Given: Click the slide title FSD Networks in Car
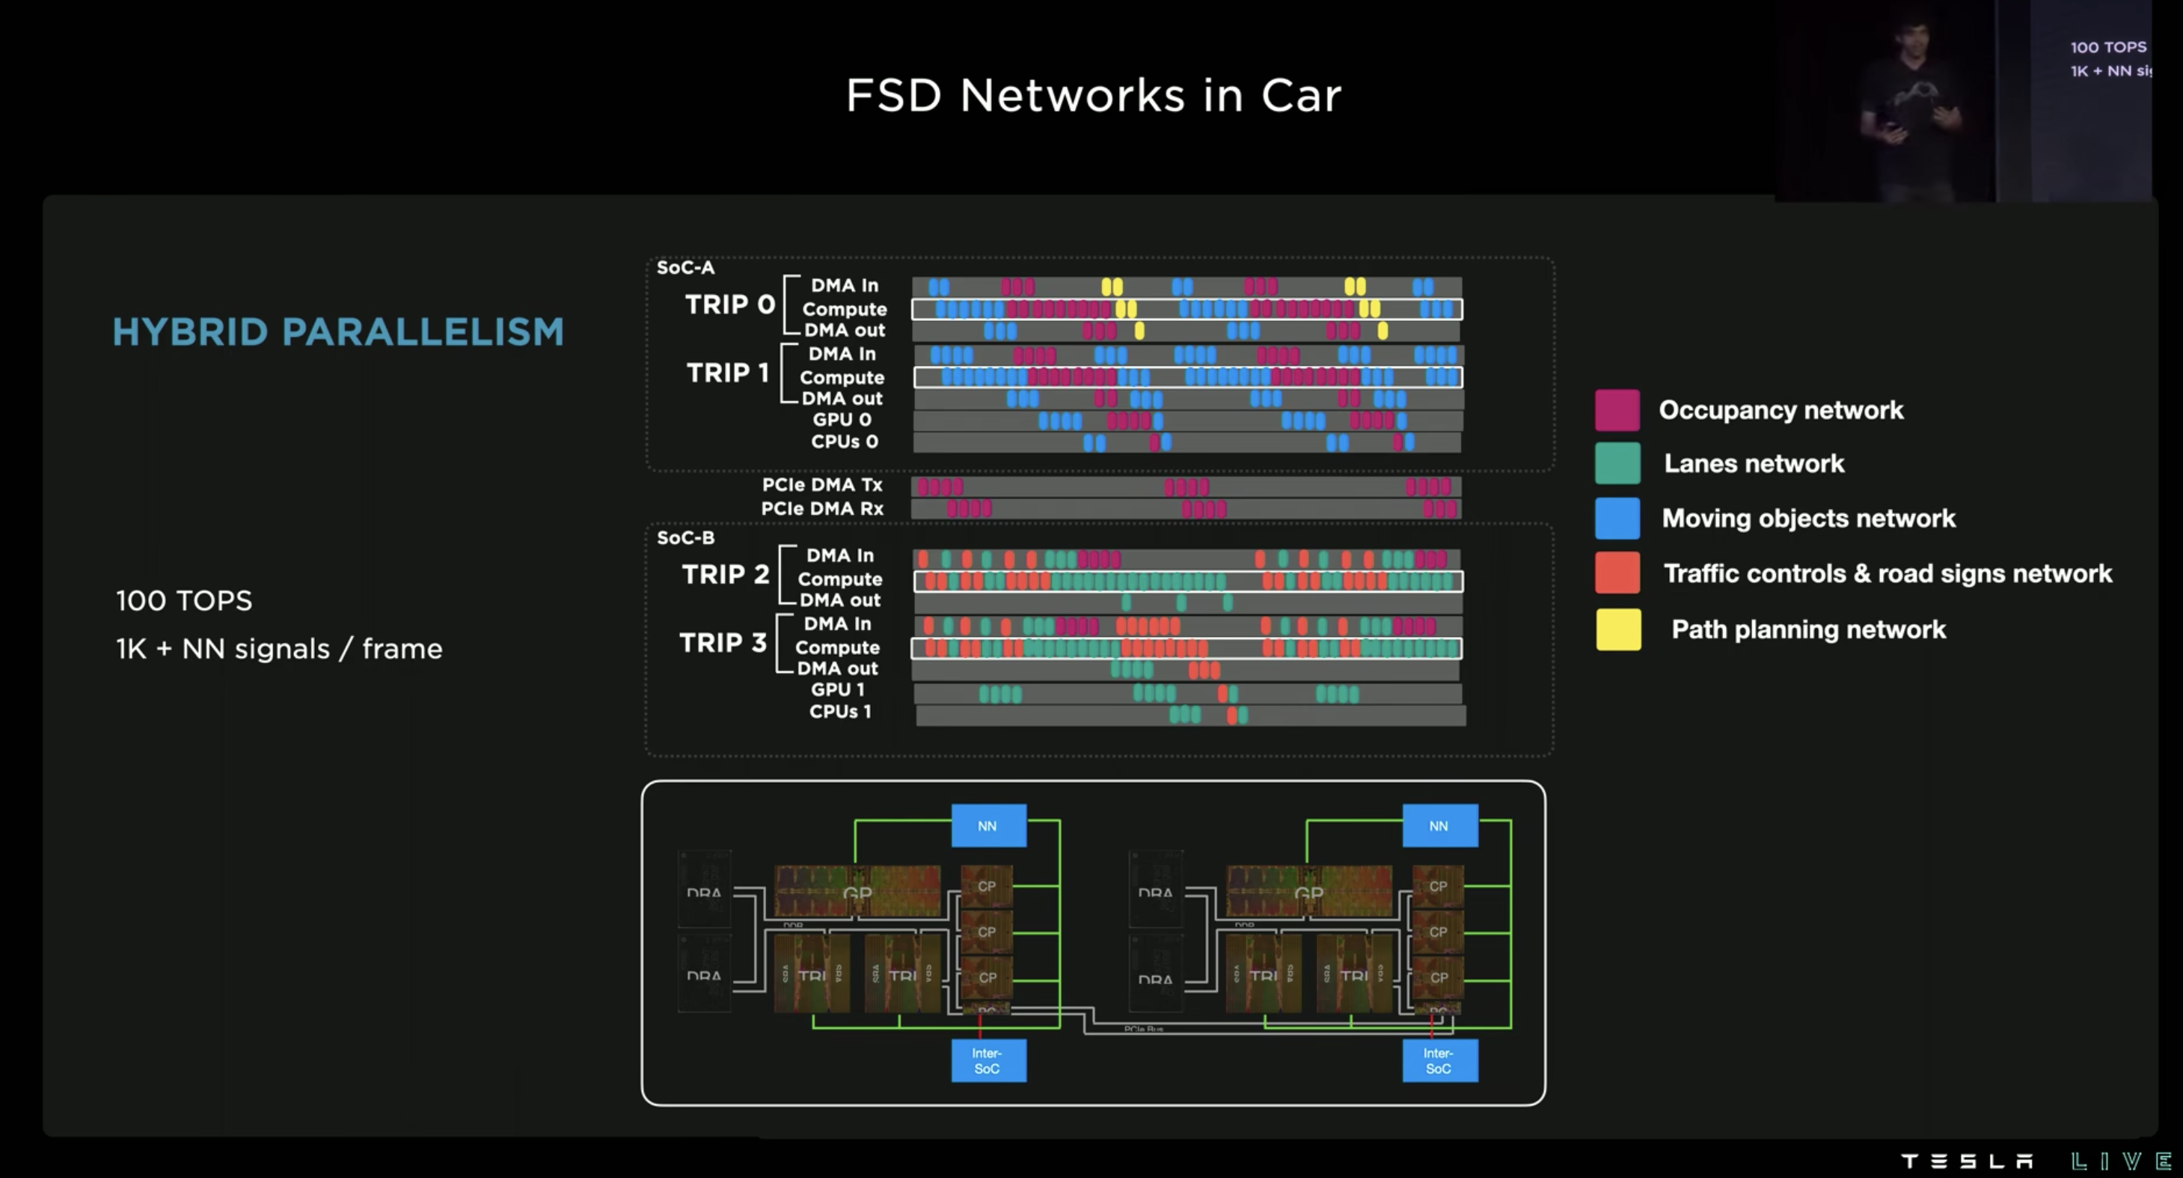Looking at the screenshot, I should [1093, 95].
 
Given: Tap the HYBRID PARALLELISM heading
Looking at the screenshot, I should [338, 332].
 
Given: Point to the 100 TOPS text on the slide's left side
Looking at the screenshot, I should [184, 601].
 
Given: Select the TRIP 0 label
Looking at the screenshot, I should [729, 305].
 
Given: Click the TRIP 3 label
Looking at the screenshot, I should [723, 643].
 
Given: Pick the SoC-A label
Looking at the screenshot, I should [685, 268].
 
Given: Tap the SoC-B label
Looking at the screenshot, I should [685, 538].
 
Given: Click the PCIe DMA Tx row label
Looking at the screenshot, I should [822, 485].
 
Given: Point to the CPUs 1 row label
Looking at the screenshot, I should [840, 712].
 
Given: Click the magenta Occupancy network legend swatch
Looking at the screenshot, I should [1617, 410].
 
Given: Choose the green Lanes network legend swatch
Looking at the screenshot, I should [1617, 463].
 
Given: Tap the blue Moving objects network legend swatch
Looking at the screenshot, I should [1617, 518].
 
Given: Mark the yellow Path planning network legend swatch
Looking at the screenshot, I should [1617, 629].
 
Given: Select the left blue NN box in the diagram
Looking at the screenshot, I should [988, 825].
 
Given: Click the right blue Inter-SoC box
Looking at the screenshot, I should [1439, 1060].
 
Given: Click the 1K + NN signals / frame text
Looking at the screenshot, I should [279, 649].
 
